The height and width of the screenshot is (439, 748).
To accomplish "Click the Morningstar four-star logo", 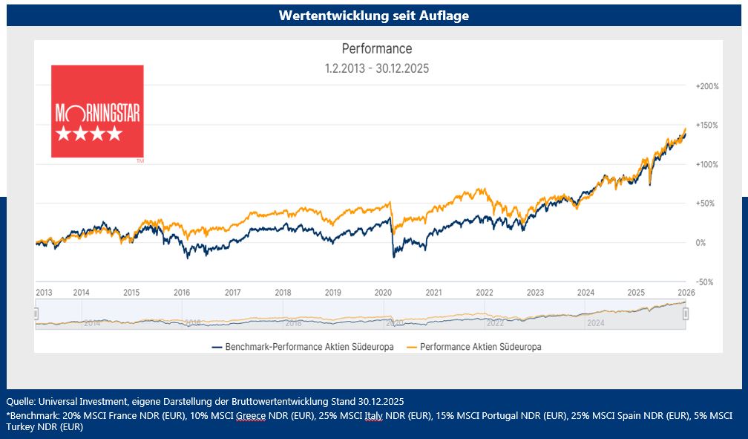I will click(x=97, y=111).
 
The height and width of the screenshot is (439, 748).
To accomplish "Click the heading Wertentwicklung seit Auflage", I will click(x=374, y=15).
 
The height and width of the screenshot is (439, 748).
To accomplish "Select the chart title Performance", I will click(x=377, y=49).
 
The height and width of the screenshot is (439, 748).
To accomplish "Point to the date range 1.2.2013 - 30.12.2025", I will click(x=377, y=68).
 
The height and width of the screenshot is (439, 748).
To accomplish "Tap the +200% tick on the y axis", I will click(x=707, y=86).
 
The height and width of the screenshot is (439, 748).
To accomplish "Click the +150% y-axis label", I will click(x=707, y=125).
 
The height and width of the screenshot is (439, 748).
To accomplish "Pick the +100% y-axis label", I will click(x=707, y=164).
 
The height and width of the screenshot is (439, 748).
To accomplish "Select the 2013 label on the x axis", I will click(x=45, y=293).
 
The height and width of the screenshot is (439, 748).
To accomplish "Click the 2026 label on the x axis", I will click(x=686, y=293).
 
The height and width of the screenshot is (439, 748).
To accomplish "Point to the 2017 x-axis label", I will click(x=232, y=293).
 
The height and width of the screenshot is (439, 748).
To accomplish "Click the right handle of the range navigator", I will click(x=686, y=314).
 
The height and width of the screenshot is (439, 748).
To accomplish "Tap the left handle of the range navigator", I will click(x=36, y=314).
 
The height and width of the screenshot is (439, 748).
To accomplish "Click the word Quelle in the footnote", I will click(x=19, y=401).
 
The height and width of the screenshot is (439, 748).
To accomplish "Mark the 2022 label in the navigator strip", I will click(x=495, y=323).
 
